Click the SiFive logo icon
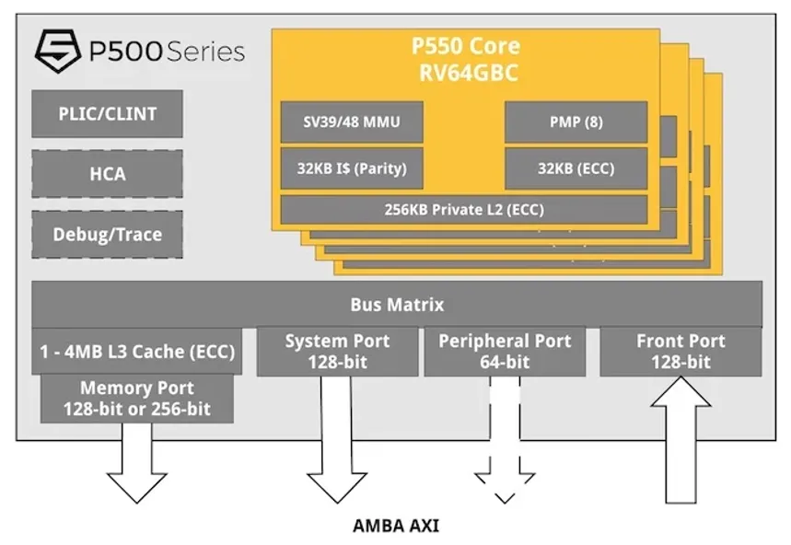click(58, 51)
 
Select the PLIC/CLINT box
click(107, 114)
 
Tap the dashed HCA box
click(107, 174)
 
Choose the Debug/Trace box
click(107, 235)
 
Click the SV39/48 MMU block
click(352, 122)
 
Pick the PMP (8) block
click(576, 122)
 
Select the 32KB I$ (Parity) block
click(352, 168)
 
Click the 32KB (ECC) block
click(576, 168)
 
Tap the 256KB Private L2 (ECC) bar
click(464, 210)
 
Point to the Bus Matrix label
click(397, 305)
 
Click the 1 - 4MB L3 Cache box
click(136, 352)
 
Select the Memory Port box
click(136, 399)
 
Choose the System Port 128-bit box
click(337, 352)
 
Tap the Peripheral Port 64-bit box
click(505, 352)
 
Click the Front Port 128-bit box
click(680, 352)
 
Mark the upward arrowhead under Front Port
click(681, 393)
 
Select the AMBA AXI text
click(396, 526)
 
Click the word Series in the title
click(205, 52)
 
